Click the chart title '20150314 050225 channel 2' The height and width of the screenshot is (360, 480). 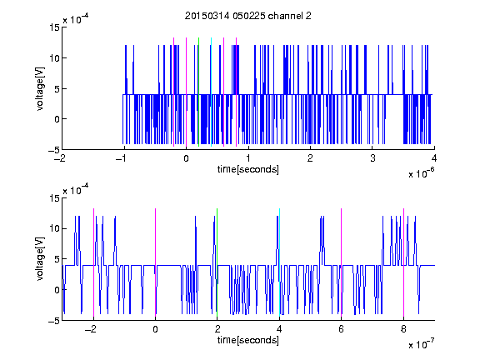pyautogui.click(x=248, y=16)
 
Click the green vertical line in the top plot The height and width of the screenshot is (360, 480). pyautogui.click(x=198, y=92)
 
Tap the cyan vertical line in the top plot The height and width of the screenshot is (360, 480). pyautogui.click(x=211, y=92)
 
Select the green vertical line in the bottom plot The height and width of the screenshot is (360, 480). pyautogui.click(x=217, y=262)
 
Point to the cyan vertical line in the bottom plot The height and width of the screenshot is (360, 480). pyautogui.click(x=279, y=262)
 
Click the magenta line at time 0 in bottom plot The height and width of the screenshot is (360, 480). pyautogui.click(x=155, y=262)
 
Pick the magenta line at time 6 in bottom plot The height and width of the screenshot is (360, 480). pyautogui.click(x=341, y=262)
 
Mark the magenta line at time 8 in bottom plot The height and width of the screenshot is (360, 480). pyautogui.click(x=403, y=262)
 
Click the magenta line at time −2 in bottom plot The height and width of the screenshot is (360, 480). pyautogui.click(x=93, y=262)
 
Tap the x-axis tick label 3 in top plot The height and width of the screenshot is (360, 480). pyautogui.click(x=372, y=158)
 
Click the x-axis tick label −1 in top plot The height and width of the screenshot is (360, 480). pyautogui.click(x=122, y=158)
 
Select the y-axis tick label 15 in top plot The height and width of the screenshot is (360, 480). pyautogui.click(x=54, y=27)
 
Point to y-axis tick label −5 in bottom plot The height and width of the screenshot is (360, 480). pyautogui.click(x=54, y=321)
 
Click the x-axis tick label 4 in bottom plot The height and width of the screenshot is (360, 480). pyautogui.click(x=279, y=329)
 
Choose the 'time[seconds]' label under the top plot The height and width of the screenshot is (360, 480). pyautogui.click(x=248, y=169)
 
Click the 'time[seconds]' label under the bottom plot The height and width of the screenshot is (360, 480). pyautogui.click(x=248, y=340)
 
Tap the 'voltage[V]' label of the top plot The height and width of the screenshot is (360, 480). pyautogui.click(x=40, y=88)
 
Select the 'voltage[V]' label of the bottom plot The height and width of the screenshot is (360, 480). pyautogui.click(x=40, y=259)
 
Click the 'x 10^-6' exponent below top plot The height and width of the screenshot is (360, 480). pyautogui.click(x=421, y=172)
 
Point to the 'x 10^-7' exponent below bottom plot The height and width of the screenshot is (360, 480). pyautogui.click(x=421, y=343)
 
